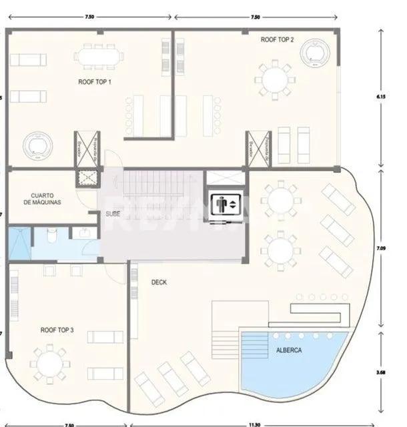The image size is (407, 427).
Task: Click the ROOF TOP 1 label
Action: pos(95,82)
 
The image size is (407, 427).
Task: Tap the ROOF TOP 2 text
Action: pos(278,40)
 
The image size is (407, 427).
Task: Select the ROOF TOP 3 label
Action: pos(57,330)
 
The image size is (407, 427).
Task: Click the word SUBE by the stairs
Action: pos(113,213)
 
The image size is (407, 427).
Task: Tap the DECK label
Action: pos(159,282)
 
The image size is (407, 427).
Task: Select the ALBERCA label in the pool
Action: pos(288,350)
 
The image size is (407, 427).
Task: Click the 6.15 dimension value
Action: pos(381,97)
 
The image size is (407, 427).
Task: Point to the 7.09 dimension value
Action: pos(381,248)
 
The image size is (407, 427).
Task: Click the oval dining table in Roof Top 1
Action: pos(99,55)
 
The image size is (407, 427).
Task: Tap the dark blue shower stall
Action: pos(19,244)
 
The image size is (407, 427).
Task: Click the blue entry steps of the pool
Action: pos(254,346)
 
